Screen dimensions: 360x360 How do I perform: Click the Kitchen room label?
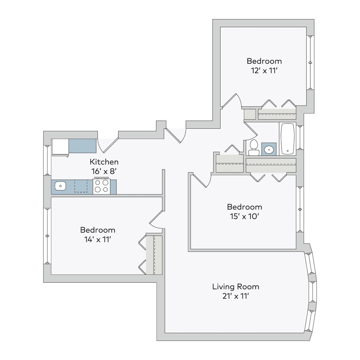pyautogui.click(x=104, y=162)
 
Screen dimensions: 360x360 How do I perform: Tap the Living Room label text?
pyautogui.click(x=236, y=287)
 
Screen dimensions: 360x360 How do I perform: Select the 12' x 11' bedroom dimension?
pyautogui.click(x=264, y=71)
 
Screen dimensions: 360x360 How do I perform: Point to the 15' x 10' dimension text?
pyautogui.click(x=245, y=217)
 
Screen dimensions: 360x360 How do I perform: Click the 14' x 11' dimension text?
pyautogui.click(x=98, y=240)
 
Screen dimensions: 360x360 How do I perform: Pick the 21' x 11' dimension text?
pyautogui.click(x=236, y=296)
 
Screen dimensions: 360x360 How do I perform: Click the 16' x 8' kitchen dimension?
pyautogui.click(x=104, y=172)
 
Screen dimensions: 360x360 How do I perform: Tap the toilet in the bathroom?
pyautogui.click(x=254, y=148)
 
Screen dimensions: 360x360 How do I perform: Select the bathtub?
pyautogui.click(x=287, y=139)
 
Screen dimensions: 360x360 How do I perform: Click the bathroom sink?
pyautogui.click(x=269, y=149)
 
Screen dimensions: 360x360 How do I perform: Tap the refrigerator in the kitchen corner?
pyautogui.click(x=60, y=148)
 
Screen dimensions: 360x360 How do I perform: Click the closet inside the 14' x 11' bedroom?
pyautogui.click(x=154, y=255)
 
